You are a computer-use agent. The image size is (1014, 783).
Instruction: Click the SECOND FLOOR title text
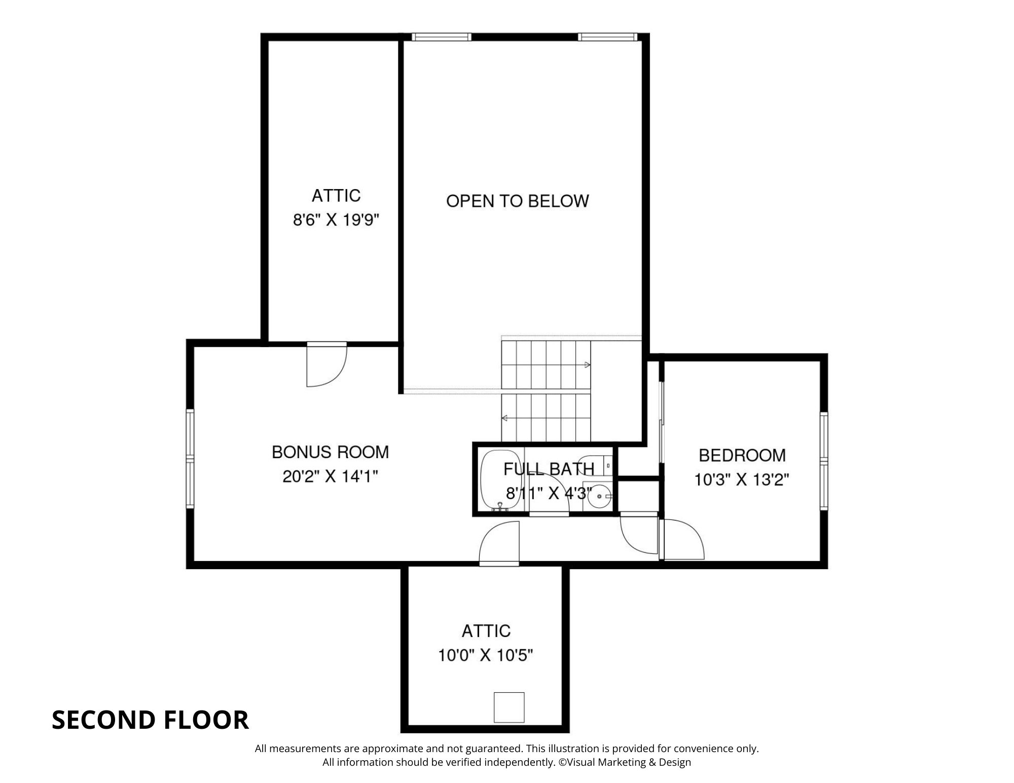tap(150, 720)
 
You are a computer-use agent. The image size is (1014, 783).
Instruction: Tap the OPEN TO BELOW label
tap(517, 201)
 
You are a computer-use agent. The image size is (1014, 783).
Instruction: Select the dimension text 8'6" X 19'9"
tap(336, 220)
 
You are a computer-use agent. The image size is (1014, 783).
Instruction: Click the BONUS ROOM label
tap(330, 452)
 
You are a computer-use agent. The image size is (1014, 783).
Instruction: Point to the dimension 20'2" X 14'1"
tap(330, 476)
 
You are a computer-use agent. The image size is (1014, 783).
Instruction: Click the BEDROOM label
tap(742, 455)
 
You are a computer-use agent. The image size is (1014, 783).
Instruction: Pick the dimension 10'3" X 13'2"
tap(742, 479)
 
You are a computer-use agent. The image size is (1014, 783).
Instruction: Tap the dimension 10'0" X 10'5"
tap(485, 655)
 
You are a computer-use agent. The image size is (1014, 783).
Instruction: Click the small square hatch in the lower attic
tap(509, 707)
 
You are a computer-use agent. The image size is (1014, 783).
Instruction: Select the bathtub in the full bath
tap(497, 479)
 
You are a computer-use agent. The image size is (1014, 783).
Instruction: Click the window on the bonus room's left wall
tap(190, 459)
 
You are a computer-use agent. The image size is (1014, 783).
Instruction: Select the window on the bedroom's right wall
tap(824, 461)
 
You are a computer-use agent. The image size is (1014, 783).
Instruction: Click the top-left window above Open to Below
tap(441, 37)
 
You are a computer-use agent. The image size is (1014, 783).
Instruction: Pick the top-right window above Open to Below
tap(607, 37)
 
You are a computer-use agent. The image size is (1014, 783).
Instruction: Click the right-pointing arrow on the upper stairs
tap(587, 365)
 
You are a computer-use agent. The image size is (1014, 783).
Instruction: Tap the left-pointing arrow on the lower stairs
tap(505, 418)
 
